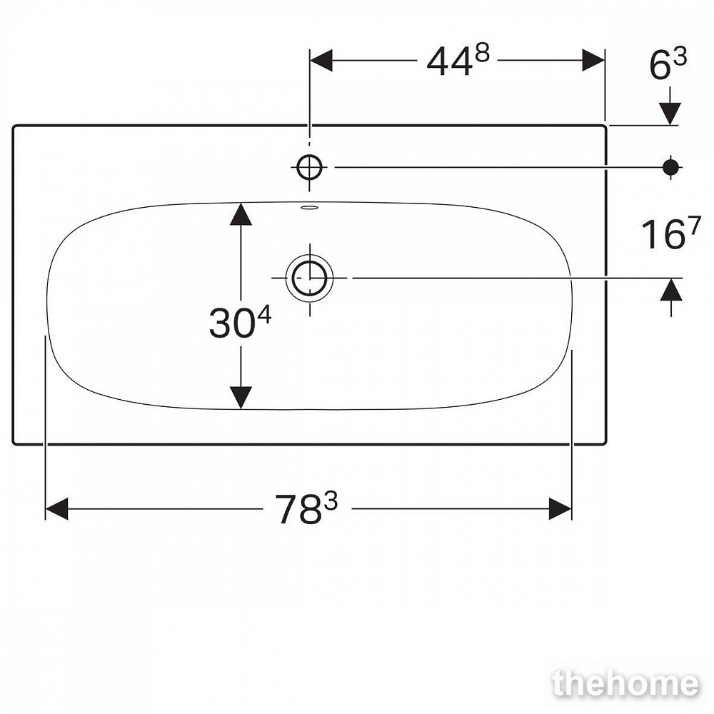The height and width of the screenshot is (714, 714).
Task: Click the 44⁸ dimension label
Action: pyautogui.click(x=458, y=61)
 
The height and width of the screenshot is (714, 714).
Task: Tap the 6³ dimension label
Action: pyautogui.click(x=668, y=64)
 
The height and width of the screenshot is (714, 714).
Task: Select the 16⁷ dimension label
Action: pyautogui.click(x=670, y=233)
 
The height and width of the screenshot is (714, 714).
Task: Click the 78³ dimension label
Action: pyautogui.click(x=306, y=508)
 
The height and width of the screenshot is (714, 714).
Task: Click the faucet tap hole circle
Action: pyautogui.click(x=310, y=168)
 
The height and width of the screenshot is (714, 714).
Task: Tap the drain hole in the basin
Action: pyautogui.click(x=310, y=278)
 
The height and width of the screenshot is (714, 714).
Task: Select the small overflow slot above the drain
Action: pyautogui.click(x=310, y=208)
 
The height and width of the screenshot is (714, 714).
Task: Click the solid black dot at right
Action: pyautogui.click(x=670, y=168)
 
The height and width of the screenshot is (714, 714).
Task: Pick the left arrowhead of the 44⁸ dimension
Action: pyautogui.click(x=321, y=60)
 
